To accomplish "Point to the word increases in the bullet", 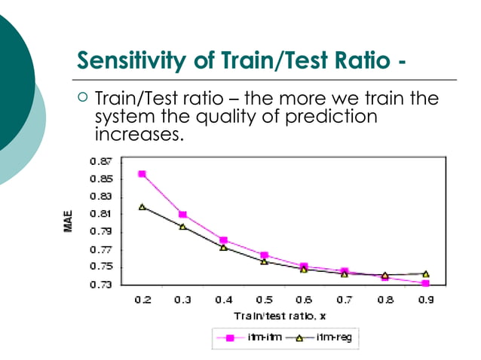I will point(139,136).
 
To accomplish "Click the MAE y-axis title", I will point(69,224).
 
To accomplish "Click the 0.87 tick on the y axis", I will point(102,161).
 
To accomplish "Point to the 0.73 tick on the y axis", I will point(102,285).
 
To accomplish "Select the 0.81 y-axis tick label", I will point(102,214).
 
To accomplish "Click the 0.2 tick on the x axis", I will point(142,300).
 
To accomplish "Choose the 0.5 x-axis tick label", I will point(263,300).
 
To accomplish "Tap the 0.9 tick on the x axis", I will point(425,300).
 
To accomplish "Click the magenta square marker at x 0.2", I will point(142,174).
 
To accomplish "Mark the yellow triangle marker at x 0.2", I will point(142,206).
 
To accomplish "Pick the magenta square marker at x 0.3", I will point(182,215).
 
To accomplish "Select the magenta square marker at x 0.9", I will point(425,283).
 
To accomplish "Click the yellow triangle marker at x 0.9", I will point(425,274).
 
